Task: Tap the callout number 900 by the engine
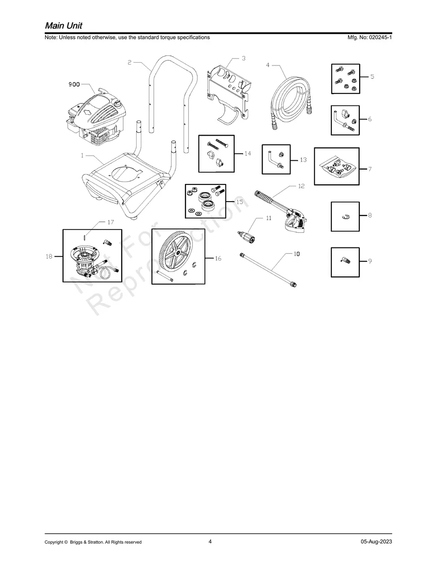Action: (x=74, y=85)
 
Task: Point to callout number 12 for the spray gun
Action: (x=301, y=186)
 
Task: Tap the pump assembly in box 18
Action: (x=88, y=259)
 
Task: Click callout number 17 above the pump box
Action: (x=111, y=222)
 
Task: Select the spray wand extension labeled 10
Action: (x=268, y=269)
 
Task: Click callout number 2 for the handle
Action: (x=130, y=62)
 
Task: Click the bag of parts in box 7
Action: (x=336, y=167)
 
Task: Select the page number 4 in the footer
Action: (x=210, y=541)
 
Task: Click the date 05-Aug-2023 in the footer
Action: (x=376, y=541)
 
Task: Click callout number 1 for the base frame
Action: (x=82, y=156)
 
